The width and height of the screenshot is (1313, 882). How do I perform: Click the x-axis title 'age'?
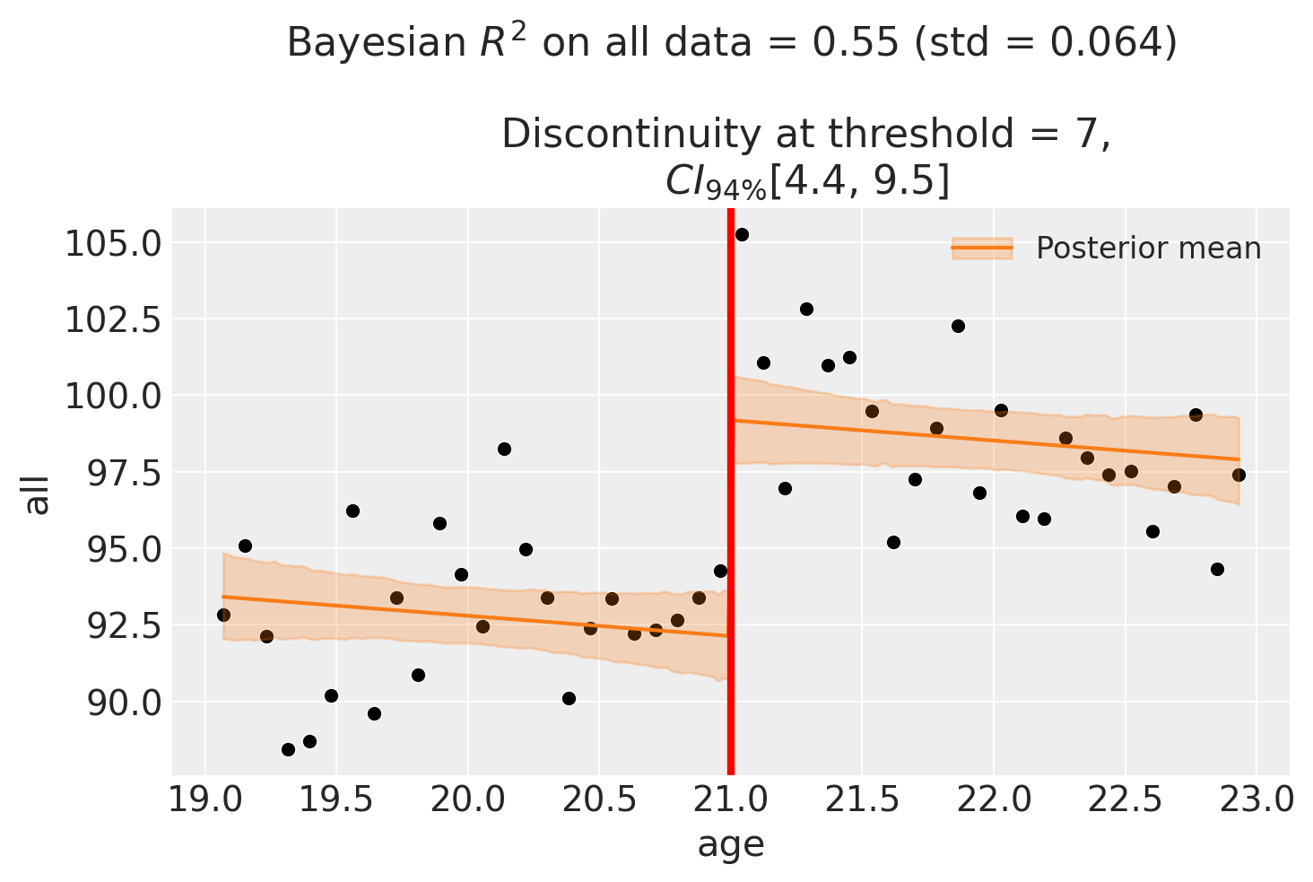pyautogui.click(x=731, y=844)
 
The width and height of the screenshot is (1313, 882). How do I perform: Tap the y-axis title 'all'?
pyautogui.click(x=38, y=492)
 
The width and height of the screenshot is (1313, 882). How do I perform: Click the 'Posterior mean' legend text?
pyautogui.click(x=1148, y=249)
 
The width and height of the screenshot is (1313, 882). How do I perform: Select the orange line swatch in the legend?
pyautogui.click(x=982, y=248)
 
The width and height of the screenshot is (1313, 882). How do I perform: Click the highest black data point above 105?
pyautogui.click(x=742, y=234)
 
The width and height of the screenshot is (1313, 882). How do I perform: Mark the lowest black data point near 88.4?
pyautogui.click(x=288, y=749)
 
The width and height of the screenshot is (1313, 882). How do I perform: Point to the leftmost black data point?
pyautogui.click(x=223, y=615)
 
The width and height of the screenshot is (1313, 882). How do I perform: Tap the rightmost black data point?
pyautogui.click(x=1239, y=475)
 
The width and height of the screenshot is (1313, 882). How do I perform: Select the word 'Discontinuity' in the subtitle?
pyautogui.click(x=617, y=135)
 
